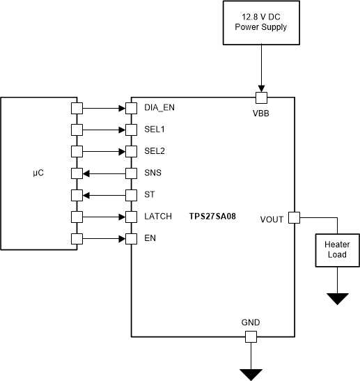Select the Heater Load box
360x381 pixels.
338,249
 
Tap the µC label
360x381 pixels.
38,173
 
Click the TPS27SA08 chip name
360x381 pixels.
212,217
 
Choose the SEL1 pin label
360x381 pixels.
154,130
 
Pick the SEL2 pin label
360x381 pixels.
154,151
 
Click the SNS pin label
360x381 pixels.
152,173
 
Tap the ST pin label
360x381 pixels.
149,194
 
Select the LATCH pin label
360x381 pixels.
157,217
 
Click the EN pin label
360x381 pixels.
149,238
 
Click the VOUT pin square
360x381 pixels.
294,217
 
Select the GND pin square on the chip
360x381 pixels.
250,337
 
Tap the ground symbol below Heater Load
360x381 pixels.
338,299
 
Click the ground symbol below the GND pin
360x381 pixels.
250,375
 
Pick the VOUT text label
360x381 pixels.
272,219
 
